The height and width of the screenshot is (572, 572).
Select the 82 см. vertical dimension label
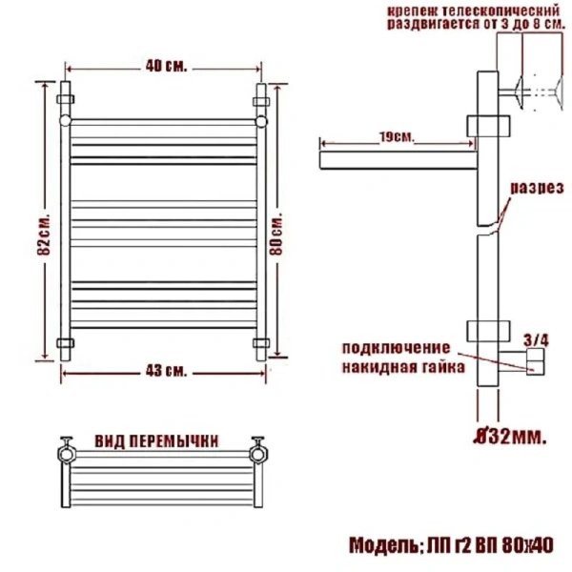point(46,221)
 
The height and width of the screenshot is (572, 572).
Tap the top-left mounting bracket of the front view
point(66,99)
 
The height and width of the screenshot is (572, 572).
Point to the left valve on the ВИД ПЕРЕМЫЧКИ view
point(67,450)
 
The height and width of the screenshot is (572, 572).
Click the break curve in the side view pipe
point(488,227)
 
